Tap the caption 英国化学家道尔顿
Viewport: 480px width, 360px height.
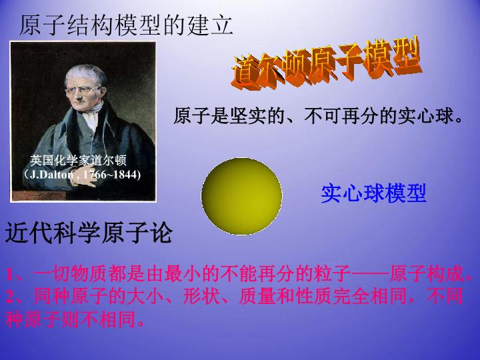click(79, 161)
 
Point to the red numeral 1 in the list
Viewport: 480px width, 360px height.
click(10, 275)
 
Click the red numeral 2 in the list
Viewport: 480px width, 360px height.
click(10, 296)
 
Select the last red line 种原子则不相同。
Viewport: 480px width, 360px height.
click(75, 319)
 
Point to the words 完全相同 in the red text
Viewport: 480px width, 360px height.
click(374, 296)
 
